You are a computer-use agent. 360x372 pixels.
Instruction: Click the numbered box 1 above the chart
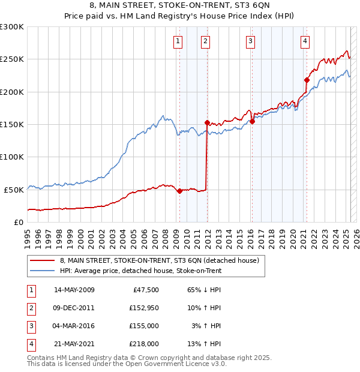(x=179, y=41)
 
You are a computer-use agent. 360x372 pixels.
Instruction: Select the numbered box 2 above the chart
(x=205, y=41)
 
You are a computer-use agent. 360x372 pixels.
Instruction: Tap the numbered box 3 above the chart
(x=250, y=41)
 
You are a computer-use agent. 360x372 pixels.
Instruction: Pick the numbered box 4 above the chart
(x=305, y=41)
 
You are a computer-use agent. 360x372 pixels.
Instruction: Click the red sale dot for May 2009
(x=179, y=191)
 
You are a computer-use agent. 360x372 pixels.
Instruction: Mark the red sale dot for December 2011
(x=207, y=122)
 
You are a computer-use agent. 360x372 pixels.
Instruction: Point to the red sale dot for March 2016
(x=252, y=121)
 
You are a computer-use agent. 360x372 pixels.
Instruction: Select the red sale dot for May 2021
(x=307, y=80)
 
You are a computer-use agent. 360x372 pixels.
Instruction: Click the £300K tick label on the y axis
(x=12, y=27)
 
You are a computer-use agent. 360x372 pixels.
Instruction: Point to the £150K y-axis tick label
(x=12, y=124)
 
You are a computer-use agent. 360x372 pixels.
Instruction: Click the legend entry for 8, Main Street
(x=160, y=260)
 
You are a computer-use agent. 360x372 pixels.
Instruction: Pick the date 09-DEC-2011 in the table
(x=74, y=308)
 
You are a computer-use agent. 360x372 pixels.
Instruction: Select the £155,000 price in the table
(x=145, y=326)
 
